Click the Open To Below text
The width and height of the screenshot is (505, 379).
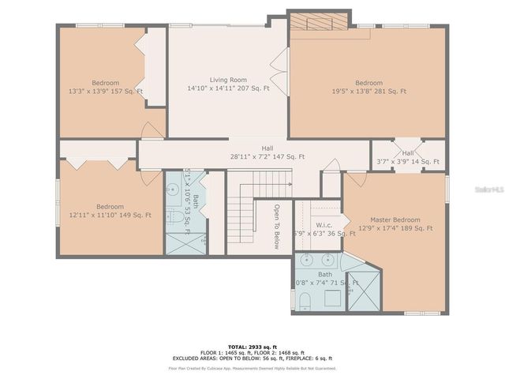tap(277, 227)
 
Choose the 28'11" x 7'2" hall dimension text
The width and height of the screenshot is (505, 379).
tap(267, 157)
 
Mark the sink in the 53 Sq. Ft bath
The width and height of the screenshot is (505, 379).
tap(172, 189)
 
